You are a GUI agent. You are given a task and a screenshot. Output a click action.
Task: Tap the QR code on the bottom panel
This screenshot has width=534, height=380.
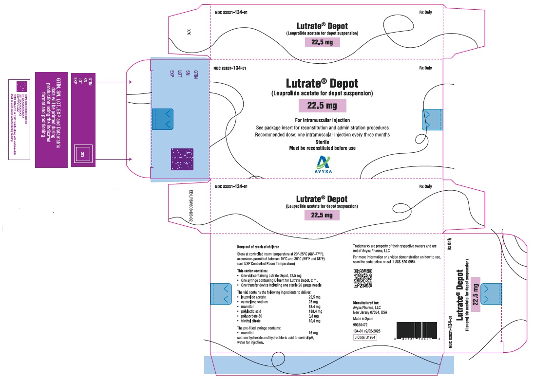tap(362, 278)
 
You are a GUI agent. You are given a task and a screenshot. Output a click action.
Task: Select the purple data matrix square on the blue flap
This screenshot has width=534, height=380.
tap(182, 159)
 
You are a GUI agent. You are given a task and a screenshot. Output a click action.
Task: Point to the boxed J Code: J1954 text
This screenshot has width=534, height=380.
tap(365, 337)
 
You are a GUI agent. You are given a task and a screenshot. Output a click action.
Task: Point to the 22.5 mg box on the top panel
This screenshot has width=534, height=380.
tap(322, 42)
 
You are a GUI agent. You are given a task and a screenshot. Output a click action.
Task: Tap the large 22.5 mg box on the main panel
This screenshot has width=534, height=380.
tap(322, 106)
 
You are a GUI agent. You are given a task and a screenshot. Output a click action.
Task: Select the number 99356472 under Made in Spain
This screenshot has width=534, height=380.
tap(362, 324)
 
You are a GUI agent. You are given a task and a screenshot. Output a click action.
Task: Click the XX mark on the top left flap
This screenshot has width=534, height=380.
tap(189, 32)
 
